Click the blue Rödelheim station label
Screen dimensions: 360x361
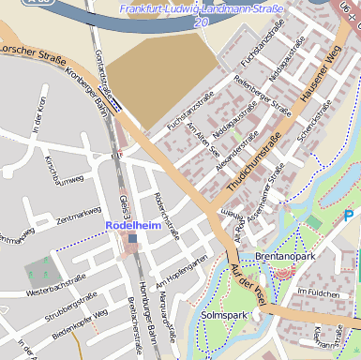(134, 225)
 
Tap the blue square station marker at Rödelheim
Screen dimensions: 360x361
(134, 239)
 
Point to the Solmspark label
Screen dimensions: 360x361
(224, 316)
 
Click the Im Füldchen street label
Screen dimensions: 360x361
(316, 292)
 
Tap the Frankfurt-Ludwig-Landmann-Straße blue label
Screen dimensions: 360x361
(202, 9)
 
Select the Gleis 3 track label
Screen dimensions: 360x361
(124, 208)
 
